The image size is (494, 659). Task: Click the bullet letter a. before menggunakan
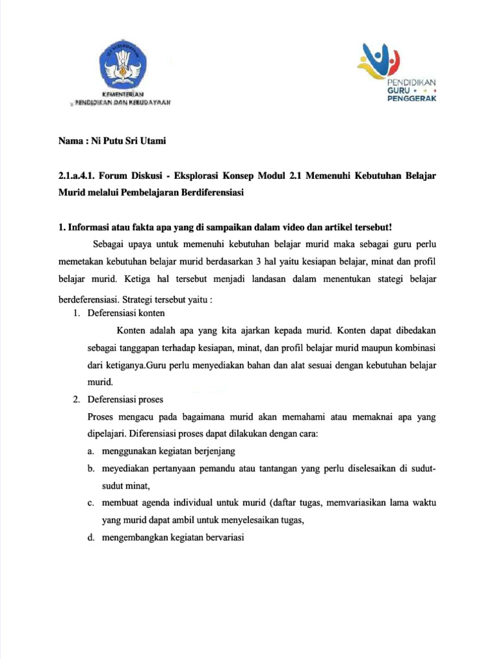[x=92, y=452]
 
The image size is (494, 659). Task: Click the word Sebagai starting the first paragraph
[x=110, y=245]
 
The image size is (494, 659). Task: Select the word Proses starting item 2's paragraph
[x=102, y=417]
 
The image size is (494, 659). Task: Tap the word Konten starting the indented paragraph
[x=131, y=331]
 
